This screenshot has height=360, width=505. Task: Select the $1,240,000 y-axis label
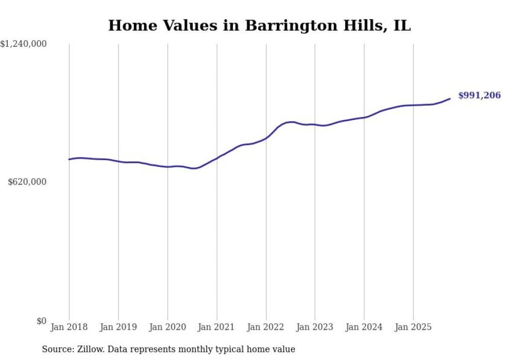point(24,44)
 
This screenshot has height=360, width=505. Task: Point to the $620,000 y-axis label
point(27,182)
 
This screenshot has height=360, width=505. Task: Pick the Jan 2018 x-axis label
point(69,327)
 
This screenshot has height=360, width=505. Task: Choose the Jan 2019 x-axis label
point(119,327)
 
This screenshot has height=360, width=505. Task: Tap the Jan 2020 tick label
point(167,327)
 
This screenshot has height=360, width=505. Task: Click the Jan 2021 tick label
point(217,327)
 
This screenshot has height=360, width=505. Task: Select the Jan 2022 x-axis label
point(266,327)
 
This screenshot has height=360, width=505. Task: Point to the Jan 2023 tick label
point(315,327)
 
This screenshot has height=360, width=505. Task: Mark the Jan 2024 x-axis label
point(364,327)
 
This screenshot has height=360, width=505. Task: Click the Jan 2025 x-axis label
point(413,327)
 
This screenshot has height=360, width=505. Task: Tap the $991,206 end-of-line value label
point(479,95)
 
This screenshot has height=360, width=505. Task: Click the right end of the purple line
point(450,98)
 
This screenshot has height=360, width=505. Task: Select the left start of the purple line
point(69,159)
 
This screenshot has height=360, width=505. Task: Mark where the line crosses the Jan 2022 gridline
point(266,138)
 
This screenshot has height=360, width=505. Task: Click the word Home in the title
point(130,25)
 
